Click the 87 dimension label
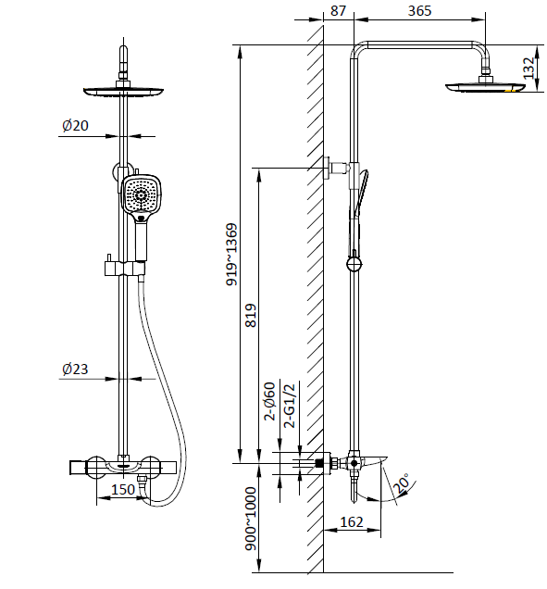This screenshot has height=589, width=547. click(338, 10)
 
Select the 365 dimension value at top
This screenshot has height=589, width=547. click(419, 10)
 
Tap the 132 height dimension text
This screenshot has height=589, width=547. click(528, 68)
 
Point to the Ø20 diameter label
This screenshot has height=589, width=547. click(75, 125)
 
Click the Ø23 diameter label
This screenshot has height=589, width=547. click(75, 369)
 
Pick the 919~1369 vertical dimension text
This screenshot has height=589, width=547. click(231, 255)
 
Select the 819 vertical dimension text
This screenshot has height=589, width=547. click(251, 316)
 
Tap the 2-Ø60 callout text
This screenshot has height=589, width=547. click(270, 401)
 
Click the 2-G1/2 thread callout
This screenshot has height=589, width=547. click(290, 406)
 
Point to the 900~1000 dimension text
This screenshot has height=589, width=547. click(251, 519)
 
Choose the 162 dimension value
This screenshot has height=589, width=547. click(352, 521)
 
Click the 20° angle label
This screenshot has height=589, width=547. click(402, 483)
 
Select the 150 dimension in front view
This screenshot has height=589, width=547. click(123, 489)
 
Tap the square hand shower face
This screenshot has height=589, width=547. click(142, 195)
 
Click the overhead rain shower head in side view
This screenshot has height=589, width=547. click(485, 87)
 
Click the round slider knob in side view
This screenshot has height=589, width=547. click(354, 264)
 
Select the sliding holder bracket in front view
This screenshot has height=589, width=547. click(125, 269)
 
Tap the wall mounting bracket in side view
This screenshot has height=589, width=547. click(336, 167)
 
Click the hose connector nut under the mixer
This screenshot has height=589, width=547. click(142, 481)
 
